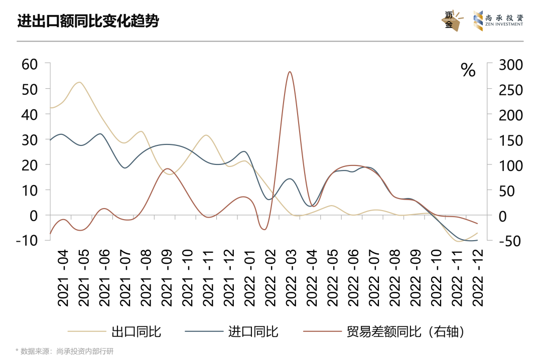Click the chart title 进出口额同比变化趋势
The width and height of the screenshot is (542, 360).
tap(88, 22)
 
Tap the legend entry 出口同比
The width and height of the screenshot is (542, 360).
tap(136, 331)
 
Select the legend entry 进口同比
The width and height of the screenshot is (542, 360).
tap(253, 331)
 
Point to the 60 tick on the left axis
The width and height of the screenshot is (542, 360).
tap(30, 64)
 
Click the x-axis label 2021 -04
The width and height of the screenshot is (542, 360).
tap(63, 279)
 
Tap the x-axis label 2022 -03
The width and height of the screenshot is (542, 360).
tap(291, 279)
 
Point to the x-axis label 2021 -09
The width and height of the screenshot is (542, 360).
tap(167, 279)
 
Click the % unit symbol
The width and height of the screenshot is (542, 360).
tap(468, 70)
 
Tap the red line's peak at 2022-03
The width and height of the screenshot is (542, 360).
tap(290, 72)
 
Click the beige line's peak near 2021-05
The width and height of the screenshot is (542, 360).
tap(79, 82)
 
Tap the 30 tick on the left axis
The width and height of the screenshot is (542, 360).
tap(30, 139)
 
